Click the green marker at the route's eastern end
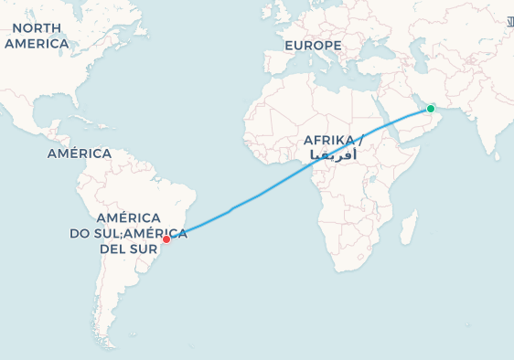[431, 109]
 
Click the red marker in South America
[166, 239]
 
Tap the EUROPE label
[312, 45]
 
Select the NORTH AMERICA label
[37, 36]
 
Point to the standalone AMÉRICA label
[79, 154]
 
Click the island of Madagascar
[408, 226]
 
